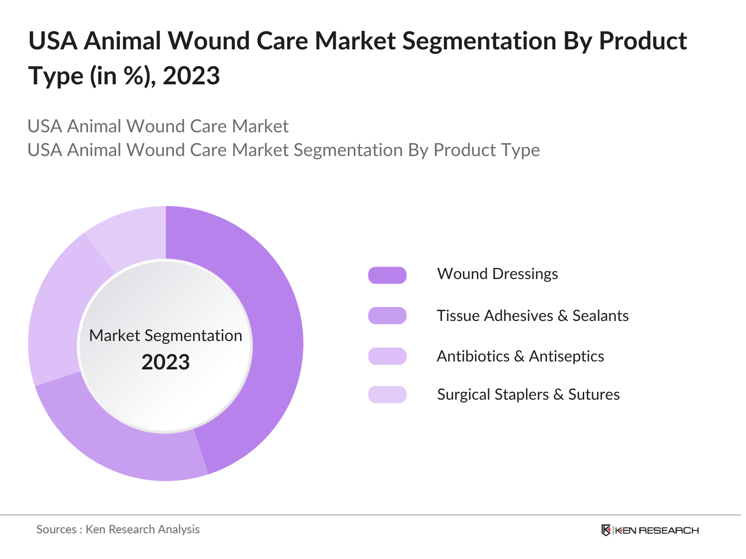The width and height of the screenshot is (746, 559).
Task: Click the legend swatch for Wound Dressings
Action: point(387,275)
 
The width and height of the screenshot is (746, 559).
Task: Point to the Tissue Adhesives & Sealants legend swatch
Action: point(387,316)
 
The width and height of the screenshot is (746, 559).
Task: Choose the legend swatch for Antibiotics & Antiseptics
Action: point(387,356)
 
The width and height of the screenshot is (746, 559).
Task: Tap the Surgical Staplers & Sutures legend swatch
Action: point(387,395)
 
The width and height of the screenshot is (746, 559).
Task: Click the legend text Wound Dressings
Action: point(497,274)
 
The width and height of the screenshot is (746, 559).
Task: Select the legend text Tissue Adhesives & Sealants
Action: point(532,316)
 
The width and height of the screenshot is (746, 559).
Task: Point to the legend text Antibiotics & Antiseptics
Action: point(520,356)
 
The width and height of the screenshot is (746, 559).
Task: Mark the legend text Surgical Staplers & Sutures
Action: point(528,395)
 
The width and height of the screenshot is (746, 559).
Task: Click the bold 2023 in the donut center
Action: point(166,362)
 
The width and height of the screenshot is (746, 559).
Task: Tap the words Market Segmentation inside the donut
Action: point(166,335)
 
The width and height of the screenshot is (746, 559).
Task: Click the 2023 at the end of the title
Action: point(191,76)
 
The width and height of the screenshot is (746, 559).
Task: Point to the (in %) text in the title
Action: point(123,76)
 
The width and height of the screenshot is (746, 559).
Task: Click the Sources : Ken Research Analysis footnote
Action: point(118,530)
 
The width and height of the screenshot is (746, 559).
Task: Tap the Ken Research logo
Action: point(650,530)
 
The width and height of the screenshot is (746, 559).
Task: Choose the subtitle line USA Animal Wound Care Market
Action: point(158,126)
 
